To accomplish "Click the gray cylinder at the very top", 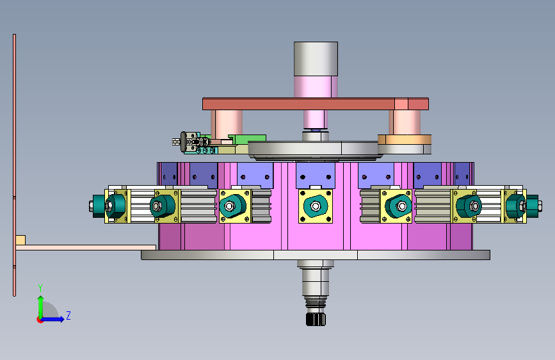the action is coord(316,58).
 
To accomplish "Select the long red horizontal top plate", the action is coord(316,104).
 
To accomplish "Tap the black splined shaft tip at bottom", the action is coord(316,319).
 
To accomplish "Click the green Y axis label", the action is coord(40,288).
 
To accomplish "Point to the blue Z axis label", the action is coord(68,315).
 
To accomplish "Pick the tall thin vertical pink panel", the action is coord(15,165).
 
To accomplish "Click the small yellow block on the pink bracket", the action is coord(20,240).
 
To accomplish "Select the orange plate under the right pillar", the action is coord(405,139).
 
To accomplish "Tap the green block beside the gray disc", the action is coord(248,139).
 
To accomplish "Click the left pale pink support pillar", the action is coord(227,124).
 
